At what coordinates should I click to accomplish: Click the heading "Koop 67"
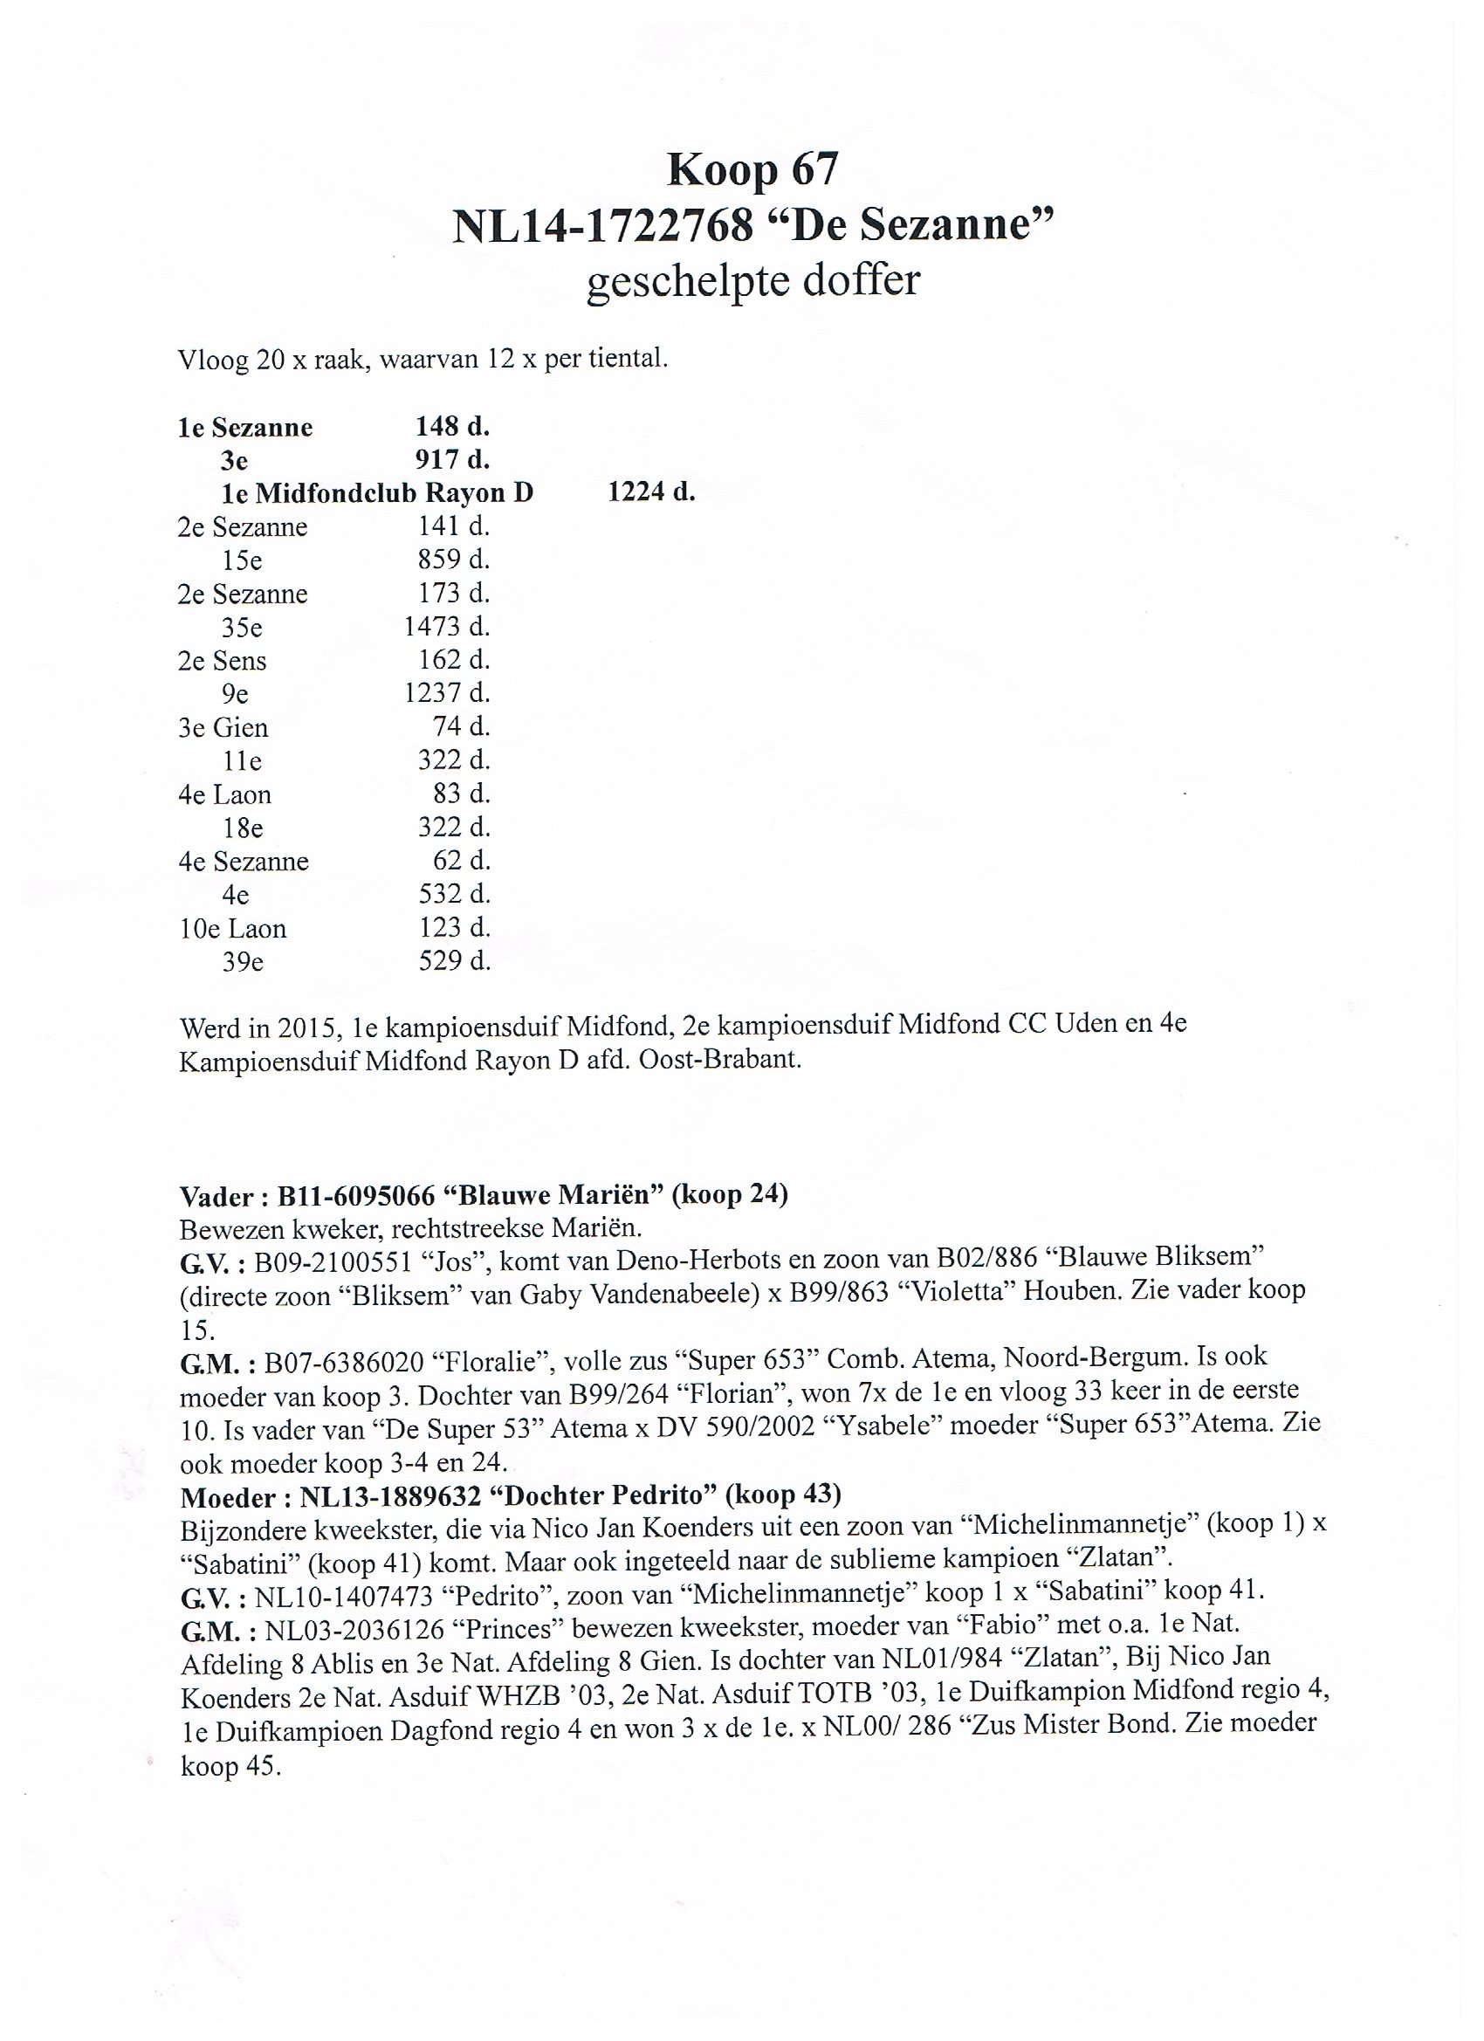point(752,169)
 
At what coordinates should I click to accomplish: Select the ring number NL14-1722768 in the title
point(602,225)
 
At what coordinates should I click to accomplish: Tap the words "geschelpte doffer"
point(752,280)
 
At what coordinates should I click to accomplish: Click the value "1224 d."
point(651,492)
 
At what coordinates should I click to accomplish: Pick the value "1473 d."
point(446,626)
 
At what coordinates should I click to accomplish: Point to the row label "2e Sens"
point(222,661)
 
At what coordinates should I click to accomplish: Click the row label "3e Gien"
point(223,727)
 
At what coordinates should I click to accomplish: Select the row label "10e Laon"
point(232,928)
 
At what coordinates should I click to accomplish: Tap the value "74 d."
point(462,726)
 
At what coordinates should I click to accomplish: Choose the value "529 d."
point(455,961)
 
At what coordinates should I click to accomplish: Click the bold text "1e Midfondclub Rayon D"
point(377,493)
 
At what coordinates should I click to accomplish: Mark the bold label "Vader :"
point(224,1197)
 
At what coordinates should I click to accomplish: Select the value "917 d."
point(452,460)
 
